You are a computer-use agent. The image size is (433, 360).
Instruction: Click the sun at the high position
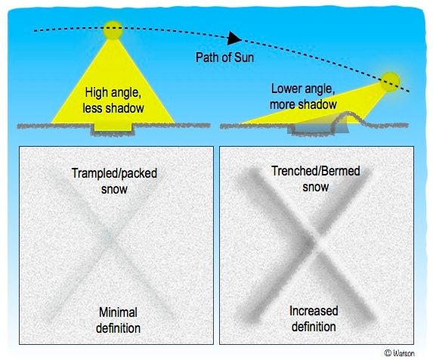click(113, 31)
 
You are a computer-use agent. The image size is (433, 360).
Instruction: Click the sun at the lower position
click(391, 80)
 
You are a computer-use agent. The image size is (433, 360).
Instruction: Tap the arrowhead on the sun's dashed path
click(236, 38)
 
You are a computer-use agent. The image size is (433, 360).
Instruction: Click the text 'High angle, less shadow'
click(113, 102)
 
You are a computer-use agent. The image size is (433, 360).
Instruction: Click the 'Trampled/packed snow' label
click(110, 179)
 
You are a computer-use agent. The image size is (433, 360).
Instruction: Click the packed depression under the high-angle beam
click(113, 130)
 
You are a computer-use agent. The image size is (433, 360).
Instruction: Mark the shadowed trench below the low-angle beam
click(311, 130)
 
